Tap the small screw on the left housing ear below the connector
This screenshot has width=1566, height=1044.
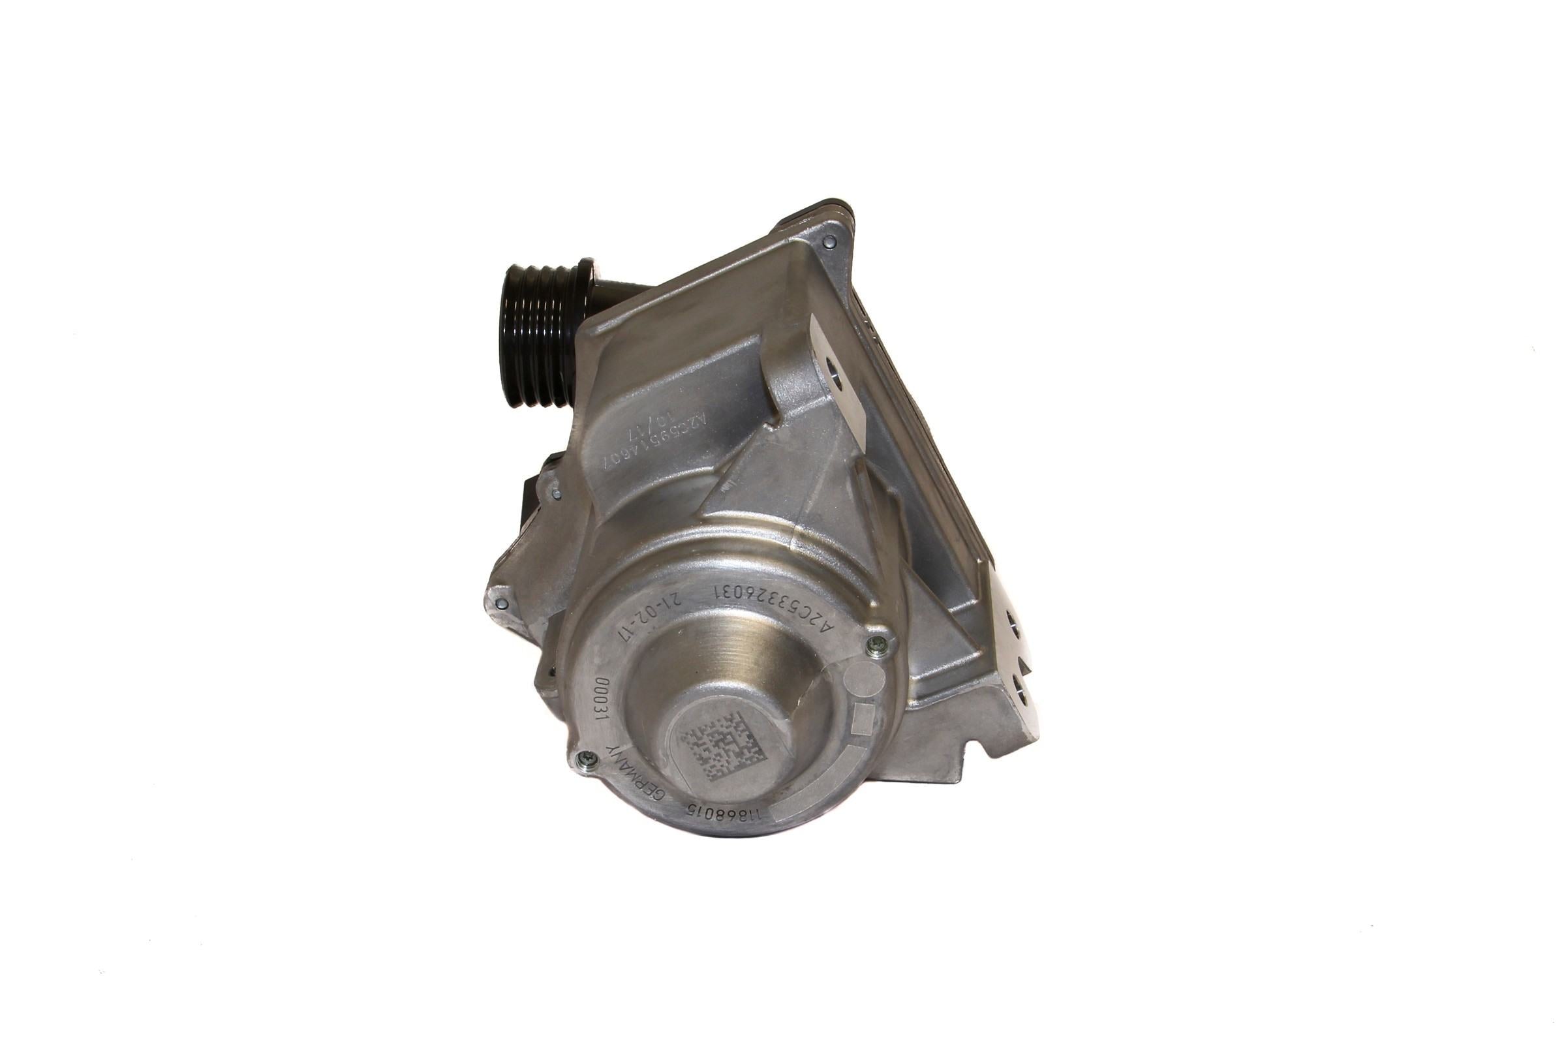[x=502, y=603]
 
